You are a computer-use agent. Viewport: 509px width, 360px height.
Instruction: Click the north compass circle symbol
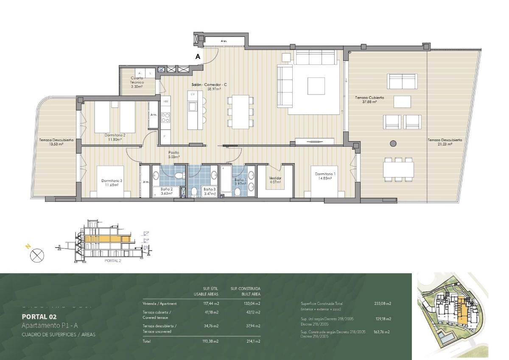click(x=37, y=256)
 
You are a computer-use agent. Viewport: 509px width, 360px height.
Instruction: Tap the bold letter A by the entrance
click(x=198, y=56)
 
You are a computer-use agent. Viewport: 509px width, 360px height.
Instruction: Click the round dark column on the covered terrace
click(x=393, y=143)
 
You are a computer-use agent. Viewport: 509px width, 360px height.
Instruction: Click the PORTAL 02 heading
click(x=39, y=316)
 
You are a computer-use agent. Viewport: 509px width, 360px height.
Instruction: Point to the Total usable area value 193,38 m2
click(x=210, y=341)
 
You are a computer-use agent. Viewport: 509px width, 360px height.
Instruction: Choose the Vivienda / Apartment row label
click(x=159, y=304)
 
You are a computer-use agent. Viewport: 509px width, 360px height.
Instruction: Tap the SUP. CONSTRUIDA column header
click(x=246, y=288)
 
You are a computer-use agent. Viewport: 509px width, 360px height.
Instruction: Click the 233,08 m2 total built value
click(x=382, y=304)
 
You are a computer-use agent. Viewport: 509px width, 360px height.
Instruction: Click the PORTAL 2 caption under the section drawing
click(x=113, y=261)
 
